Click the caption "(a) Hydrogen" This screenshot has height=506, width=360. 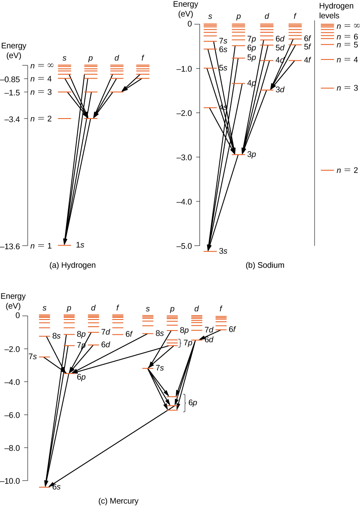tap(73, 265)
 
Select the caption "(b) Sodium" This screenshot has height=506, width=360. tap(265, 265)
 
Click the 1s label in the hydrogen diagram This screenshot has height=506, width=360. tap(80, 245)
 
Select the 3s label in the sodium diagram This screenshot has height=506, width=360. tap(223, 252)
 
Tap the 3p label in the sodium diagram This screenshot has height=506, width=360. tap(251, 155)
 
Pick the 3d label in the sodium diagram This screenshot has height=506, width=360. tap(280, 90)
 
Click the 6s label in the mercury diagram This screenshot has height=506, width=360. tap(56, 487)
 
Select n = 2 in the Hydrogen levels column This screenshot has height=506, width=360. tap(347, 170)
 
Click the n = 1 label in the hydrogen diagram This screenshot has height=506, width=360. tap(41, 246)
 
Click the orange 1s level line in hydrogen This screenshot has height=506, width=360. tap(65, 245)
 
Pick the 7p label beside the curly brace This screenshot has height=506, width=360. tap(188, 342)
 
